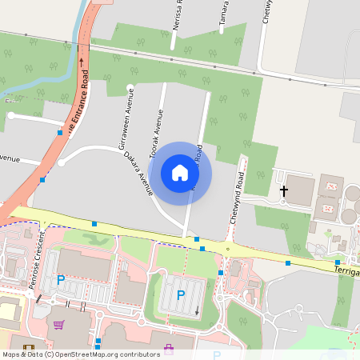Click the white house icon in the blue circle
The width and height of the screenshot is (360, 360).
tap(180, 173)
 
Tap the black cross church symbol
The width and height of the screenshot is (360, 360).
tap(283, 191)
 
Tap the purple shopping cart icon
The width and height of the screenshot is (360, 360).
tap(58, 325)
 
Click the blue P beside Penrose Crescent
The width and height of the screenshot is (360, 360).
tap(61, 280)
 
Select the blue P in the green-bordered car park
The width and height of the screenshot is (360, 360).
tap(181, 295)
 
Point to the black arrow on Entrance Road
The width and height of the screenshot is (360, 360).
tap(81, 59)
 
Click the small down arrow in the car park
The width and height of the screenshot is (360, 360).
tap(198, 309)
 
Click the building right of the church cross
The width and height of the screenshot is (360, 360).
tap(302, 189)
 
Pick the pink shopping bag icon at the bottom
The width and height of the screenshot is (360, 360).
tap(168, 347)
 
